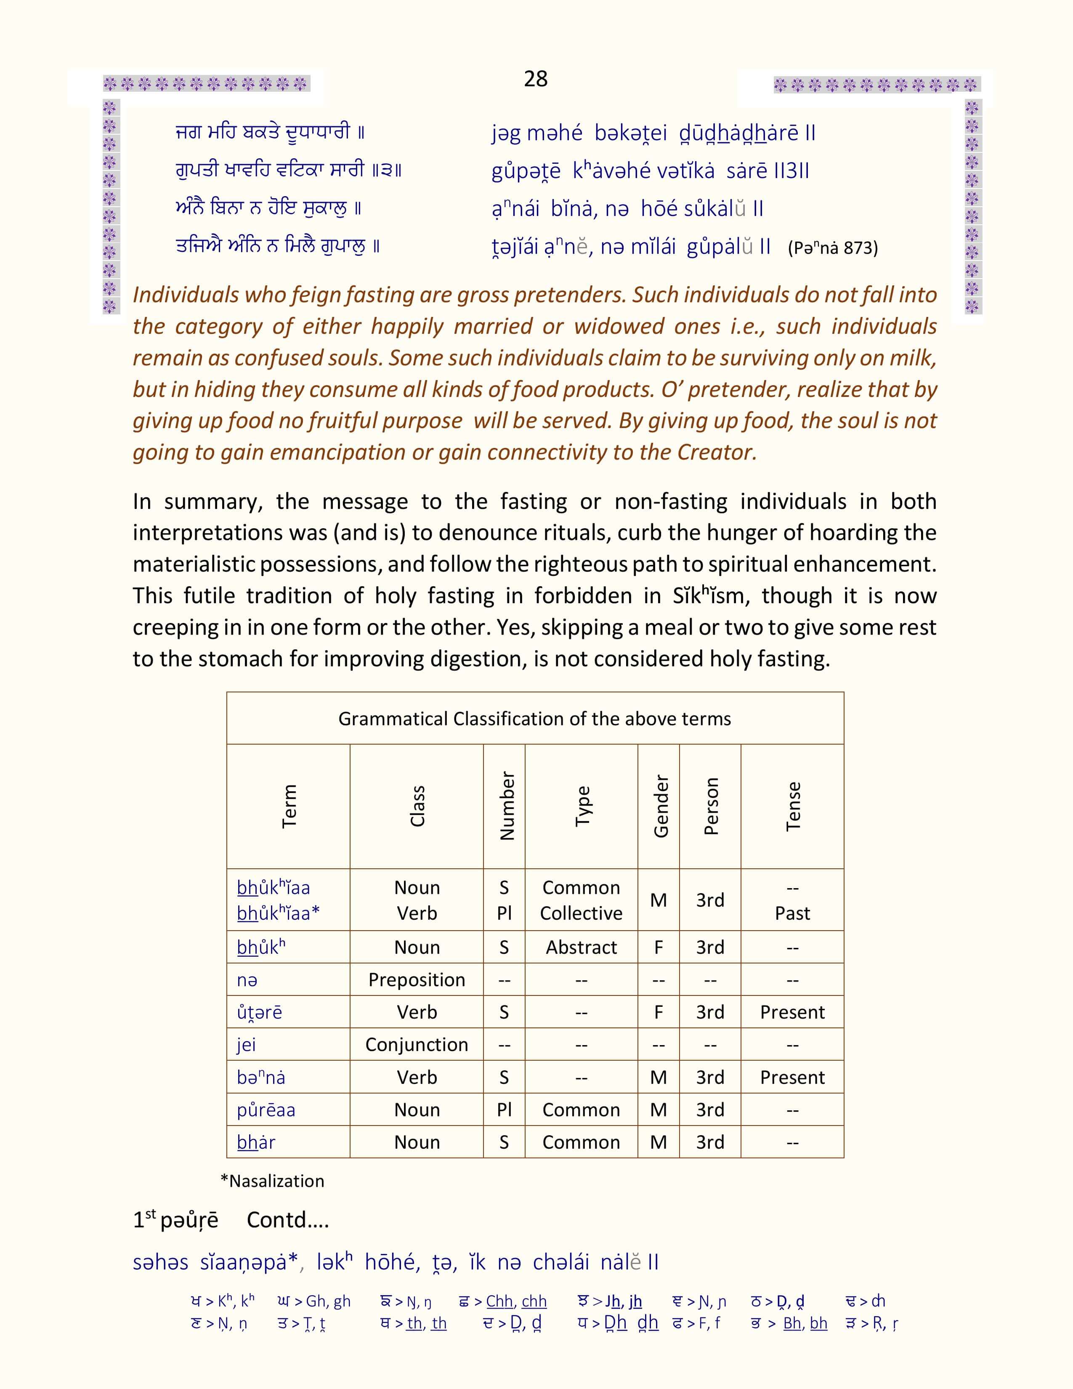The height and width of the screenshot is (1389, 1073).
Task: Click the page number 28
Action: (535, 79)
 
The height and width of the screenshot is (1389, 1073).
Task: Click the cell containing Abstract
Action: (581, 947)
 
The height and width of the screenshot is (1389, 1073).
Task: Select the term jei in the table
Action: (246, 1045)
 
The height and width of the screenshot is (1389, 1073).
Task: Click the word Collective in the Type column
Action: (581, 913)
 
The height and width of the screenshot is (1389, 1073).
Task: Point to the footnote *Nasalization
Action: (272, 1181)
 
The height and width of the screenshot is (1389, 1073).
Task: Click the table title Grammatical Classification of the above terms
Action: (534, 718)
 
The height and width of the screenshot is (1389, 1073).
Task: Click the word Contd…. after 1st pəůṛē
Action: (287, 1220)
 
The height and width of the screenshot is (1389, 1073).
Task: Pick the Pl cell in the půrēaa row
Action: (504, 1110)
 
